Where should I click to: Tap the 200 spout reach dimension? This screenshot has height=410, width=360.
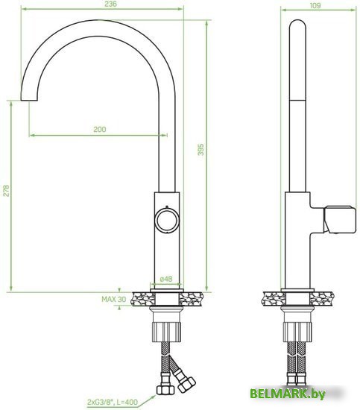pos(99,129)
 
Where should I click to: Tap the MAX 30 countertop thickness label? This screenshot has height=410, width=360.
pos(112,299)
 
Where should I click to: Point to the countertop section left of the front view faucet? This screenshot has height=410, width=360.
pos(141,298)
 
